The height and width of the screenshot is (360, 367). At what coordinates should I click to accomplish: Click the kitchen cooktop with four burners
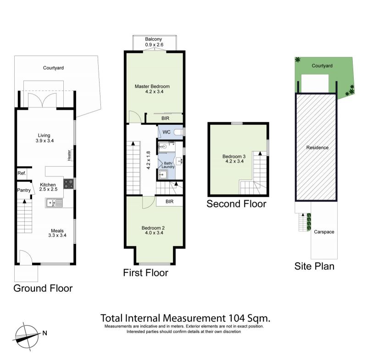[x=68, y=184]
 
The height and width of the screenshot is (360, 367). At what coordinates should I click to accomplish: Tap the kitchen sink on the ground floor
[x=54, y=202]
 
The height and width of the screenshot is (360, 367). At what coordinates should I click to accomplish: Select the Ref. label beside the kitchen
[x=22, y=173]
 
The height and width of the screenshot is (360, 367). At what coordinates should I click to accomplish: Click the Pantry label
[x=24, y=190]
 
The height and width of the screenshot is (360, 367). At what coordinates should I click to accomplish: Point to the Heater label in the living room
[x=69, y=155]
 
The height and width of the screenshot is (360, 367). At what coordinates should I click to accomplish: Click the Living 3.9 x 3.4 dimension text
[x=44, y=141]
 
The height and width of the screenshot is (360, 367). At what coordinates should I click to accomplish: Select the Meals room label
[x=57, y=231]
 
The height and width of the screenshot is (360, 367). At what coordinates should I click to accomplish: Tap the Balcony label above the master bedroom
[x=153, y=39]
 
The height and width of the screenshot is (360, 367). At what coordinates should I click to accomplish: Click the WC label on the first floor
[x=167, y=132]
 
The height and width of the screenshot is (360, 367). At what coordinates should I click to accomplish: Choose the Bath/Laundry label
[x=168, y=165]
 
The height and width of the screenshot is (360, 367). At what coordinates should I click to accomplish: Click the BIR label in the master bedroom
[x=165, y=118]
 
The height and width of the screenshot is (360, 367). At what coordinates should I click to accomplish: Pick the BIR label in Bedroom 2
[x=169, y=202]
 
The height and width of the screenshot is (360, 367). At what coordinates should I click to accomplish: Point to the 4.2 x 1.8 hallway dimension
[x=148, y=160]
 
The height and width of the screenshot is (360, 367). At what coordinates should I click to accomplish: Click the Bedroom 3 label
[x=234, y=157]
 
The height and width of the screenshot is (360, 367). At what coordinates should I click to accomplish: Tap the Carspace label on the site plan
[x=324, y=232]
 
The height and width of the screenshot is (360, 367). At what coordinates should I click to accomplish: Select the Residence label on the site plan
[x=317, y=147]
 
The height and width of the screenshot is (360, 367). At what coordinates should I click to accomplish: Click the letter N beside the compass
[x=44, y=333]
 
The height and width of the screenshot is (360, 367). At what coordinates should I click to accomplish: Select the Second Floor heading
[x=236, y=204]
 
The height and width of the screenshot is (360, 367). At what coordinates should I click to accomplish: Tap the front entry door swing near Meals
[x=26, y=257]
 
